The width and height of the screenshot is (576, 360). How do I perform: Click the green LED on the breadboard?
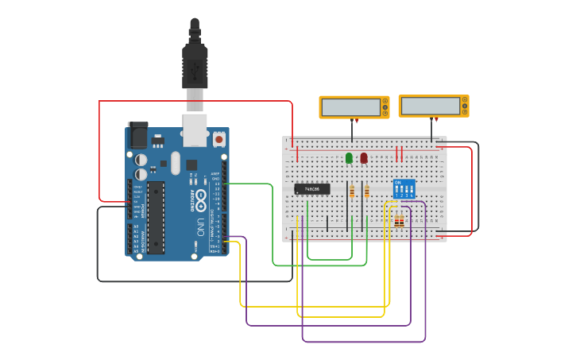[x=349, y=158]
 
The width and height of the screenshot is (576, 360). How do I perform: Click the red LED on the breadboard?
[x=364, y=158]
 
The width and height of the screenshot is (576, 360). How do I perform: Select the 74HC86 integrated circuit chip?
[x=312, y=189]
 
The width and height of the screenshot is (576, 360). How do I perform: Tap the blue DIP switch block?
[x=404, y=189]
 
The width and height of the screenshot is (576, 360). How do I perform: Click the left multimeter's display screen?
[x=349, y=106]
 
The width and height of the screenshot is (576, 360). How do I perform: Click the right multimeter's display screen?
[x=430, y=106]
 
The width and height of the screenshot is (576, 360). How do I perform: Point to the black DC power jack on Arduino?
[x=138, y=136]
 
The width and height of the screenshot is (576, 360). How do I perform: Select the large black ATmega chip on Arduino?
[x=156, y=217]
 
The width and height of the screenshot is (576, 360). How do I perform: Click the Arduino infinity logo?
[x=201, y=198]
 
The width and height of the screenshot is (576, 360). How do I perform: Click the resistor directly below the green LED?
[x=352, y=192]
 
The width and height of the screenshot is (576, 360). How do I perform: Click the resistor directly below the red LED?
[x=366, y=192]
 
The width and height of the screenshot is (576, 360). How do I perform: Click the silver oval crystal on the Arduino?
[x=176, y=164]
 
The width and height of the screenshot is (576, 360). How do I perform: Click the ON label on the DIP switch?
[x=398, y=183]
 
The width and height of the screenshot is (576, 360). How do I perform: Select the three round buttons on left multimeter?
[x=385, y=106]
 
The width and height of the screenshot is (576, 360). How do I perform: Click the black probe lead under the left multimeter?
[x=351, y=131]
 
